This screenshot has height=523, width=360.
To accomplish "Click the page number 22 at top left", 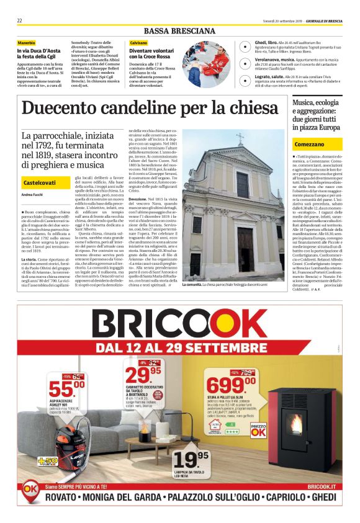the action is (20, 21).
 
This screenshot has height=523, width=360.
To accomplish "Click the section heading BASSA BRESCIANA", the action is (179, 31).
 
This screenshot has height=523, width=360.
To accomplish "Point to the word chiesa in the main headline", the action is (253, 109).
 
